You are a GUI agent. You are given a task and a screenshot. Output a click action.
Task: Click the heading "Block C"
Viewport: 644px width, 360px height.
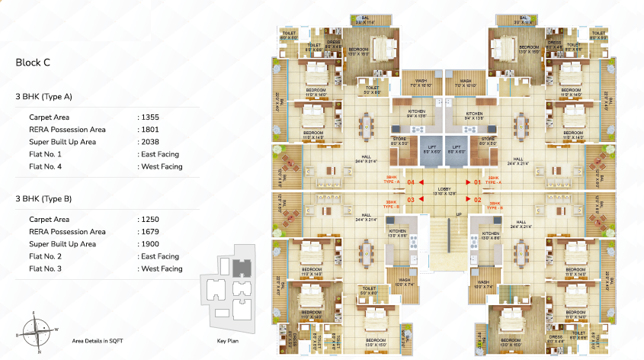coord(33,63)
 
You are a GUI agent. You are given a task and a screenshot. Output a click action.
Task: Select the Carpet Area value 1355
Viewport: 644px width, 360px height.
coord(149,117)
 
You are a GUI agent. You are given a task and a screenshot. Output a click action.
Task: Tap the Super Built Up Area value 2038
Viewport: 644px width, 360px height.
coord(149,142)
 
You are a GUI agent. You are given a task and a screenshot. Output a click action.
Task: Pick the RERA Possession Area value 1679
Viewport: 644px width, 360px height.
coord(149,231)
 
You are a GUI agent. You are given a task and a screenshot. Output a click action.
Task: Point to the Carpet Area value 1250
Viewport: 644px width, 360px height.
coord(149,219)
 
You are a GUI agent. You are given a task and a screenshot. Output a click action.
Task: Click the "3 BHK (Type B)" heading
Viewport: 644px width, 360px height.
coord(44,198)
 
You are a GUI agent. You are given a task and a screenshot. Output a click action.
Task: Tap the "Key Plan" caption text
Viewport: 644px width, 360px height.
coord(228,341)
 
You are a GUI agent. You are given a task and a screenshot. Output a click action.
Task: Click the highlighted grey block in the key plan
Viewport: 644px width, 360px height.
coord(241,268)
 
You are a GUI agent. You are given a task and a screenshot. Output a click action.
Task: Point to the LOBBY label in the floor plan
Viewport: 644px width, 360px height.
coord(444,189)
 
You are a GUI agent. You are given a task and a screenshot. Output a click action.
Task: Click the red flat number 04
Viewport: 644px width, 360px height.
coord(411,182)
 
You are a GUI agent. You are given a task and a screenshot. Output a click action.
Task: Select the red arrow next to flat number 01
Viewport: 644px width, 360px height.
coord(466,182)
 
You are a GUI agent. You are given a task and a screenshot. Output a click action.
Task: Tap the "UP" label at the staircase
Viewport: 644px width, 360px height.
coord(458,214)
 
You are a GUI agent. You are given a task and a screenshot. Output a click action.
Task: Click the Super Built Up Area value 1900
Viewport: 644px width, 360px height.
coord(149,243)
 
